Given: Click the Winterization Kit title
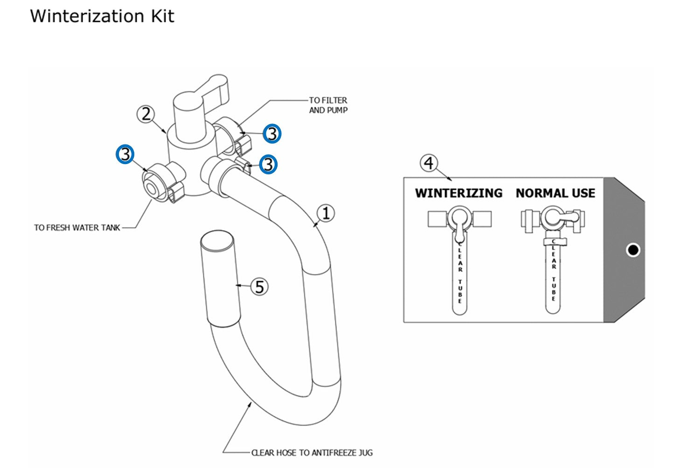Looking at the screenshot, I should pos(102,16).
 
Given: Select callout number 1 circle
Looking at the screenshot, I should pos(326,213).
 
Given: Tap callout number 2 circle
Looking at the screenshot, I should pos(146,114).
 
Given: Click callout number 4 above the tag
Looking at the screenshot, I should pos(429,163).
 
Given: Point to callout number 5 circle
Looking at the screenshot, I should pos(259,286).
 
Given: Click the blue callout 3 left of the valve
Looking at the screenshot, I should pos(125,154).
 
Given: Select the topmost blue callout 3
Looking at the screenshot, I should pos(271,134).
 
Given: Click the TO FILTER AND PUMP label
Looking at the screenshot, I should pos(328,105).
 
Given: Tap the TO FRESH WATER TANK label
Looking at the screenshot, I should pos(77,227).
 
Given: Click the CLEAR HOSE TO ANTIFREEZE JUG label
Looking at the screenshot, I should pos(312,453).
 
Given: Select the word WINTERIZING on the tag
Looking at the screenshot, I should pos(459,193).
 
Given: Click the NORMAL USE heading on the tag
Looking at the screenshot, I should pos(555,193).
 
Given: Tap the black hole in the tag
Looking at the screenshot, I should pos(633,250).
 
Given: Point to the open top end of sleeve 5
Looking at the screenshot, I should pos(217,241).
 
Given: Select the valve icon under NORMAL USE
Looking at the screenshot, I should pos(553,219).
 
